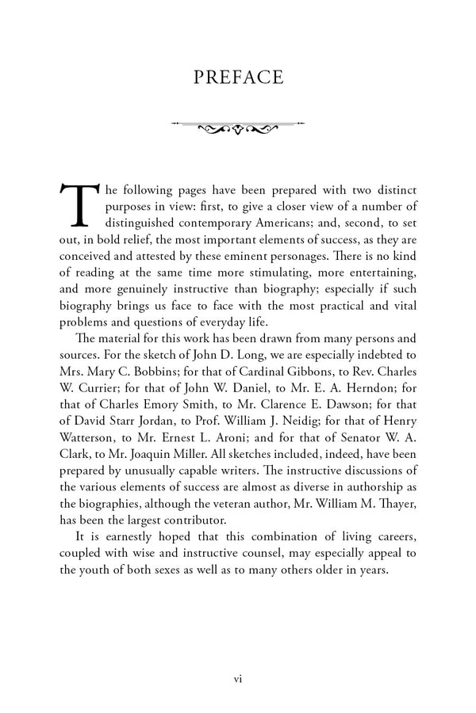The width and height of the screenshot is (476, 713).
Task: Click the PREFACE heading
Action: click(x=238, y=77)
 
